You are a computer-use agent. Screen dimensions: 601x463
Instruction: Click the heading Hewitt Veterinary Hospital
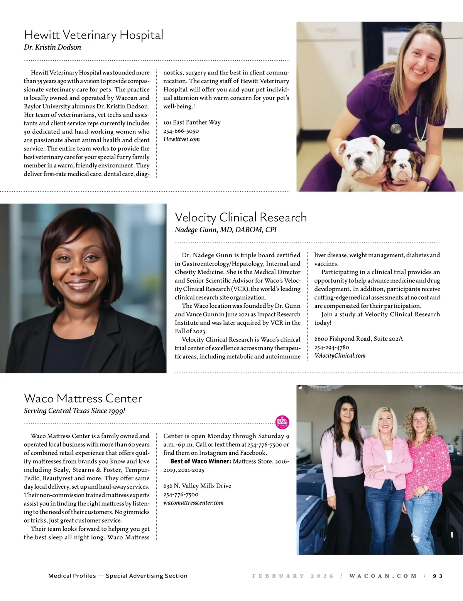pyautogui.click(x=93, y=35)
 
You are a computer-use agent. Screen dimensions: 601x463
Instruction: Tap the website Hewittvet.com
pyautogui.click(x=181, y=139)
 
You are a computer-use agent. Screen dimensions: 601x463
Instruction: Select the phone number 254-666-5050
pyautogui.click(x=181, y=131)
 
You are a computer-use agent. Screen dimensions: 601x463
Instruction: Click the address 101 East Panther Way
pyautogui.click(x=192, y=122)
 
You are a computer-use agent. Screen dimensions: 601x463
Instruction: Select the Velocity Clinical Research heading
pyautogui.click(x=241, y=217)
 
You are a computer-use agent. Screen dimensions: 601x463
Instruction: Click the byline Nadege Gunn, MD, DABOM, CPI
pyautogui.click(x=225, y=230)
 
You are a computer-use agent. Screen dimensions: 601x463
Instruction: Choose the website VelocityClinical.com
pyautogui.click(x=340, y=356)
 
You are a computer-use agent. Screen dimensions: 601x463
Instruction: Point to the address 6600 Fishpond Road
pyautogui.click(x=358, y=339)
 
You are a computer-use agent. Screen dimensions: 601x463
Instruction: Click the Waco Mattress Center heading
pyautogui.click(x=83, y=398)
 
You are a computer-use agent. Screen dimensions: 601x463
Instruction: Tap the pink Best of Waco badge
pyautogui.click(x=282, y=422)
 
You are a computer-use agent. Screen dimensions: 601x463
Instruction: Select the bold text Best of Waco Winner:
pyautogui.click(x=201, y=461)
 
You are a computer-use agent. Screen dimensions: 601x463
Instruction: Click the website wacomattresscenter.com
pyautogui.click(x=193, y=503)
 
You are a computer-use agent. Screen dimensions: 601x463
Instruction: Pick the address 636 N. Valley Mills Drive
pyautogui.click(x=197, y=486)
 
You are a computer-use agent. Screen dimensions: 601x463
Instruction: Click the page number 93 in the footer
pyautogui.click(x=438, y=576)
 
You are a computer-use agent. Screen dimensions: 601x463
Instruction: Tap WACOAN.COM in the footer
pyautogui.click(x=383, y=576)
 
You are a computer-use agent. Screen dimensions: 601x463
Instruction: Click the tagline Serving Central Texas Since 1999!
pyautogui.click(x=74, y=411)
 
